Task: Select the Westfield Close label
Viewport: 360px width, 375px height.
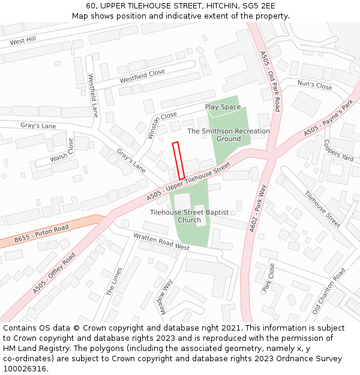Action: (x=142, y=76)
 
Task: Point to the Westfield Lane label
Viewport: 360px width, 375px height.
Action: (x=93, y=95)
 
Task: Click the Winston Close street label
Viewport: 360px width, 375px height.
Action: (x=161, y=124)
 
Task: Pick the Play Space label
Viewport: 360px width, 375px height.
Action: (x=223, y=107)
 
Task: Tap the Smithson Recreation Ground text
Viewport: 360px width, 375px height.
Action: (x=229, y=134)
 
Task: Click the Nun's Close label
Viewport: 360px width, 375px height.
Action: (x=315, y=86)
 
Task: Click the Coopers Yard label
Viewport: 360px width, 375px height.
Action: (x=338, y=151)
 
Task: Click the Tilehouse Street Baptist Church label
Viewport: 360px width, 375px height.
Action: (x=190, y=216)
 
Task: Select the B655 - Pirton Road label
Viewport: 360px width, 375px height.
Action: (x=41, y=233)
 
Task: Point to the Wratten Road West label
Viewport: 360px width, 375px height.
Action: (x=161, y=242)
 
